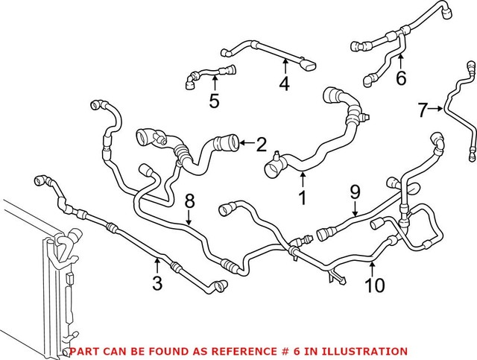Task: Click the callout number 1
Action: point(303,199)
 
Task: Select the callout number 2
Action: point(261,144)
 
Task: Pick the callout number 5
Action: point(214,101)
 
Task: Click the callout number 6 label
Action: point(401,78)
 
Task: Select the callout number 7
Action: point(423,111)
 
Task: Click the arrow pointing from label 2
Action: point(247,142)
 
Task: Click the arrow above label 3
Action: point(158,263)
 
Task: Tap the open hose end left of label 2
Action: point(229,140)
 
